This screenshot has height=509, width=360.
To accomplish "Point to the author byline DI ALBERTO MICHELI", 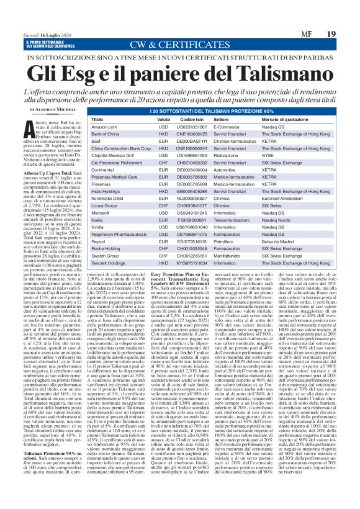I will [x=52, y=109].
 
